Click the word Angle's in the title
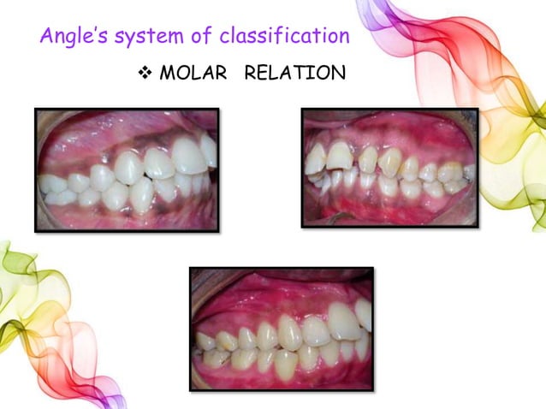(x=68, y=37)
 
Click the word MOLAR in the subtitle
(x=193, y=73)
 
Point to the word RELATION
(x=294, y=73)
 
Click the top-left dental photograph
(x=126, y=169)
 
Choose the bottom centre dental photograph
(x=282, y=329)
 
